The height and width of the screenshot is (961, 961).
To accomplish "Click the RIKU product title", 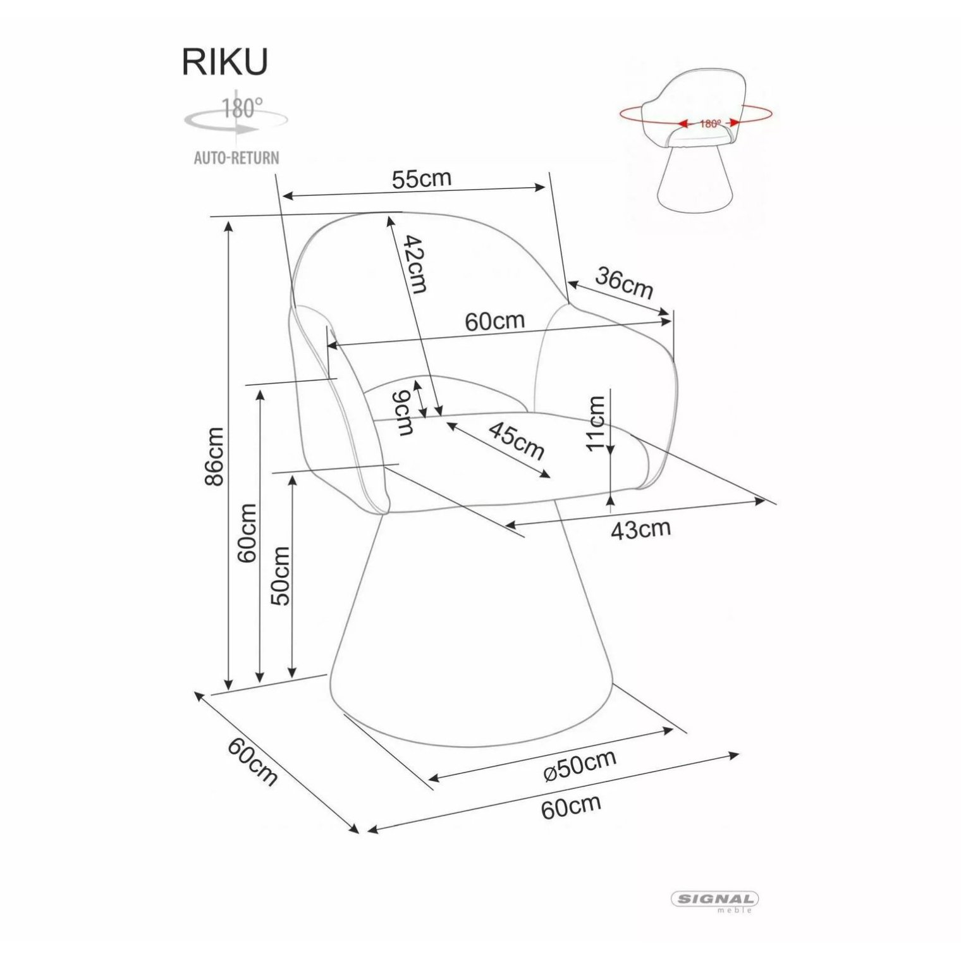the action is tap(225, 61).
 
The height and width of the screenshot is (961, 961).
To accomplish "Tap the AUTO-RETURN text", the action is tap(236, 157).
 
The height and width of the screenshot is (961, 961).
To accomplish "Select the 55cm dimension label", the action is tap(422, 179).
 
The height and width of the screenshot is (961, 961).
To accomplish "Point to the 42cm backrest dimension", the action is tap(415, 264).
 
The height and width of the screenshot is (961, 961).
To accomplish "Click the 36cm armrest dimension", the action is tap(623, 282).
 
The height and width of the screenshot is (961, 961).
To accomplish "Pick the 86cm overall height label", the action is tap(214, 456).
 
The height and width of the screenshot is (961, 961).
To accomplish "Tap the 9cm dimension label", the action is tap(403, 413).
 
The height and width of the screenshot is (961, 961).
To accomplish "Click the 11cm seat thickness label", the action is tap(596, 422).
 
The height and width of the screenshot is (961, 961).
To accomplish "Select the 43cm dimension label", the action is tap(640, 529).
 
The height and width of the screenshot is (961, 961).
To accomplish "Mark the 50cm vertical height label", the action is tap(280, 576).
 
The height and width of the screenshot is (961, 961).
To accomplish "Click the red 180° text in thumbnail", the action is tap(710, 124).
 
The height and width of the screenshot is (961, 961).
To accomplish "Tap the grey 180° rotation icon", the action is tap(236, 117).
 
